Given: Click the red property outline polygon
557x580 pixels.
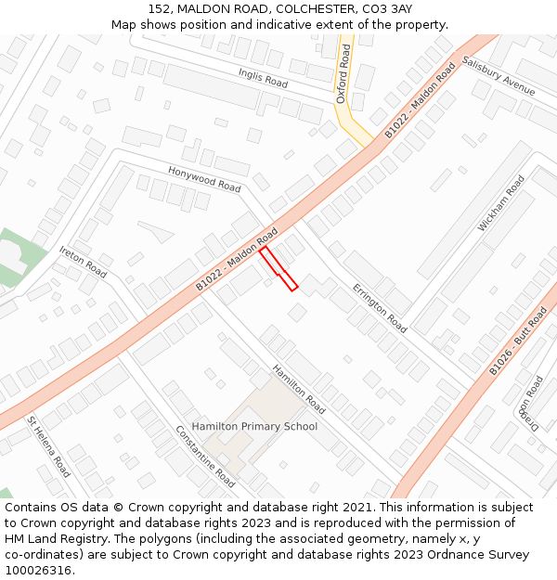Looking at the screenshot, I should tap(278, 269).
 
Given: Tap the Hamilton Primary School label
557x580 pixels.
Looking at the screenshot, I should tap(254, 426).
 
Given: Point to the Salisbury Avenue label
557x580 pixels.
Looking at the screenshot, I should tap(499, 77).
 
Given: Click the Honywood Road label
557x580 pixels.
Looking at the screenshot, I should tap(204, 179).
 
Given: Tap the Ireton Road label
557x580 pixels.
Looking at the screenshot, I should tap(83, 263).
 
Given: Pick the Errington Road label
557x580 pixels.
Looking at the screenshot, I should tap(380, 308).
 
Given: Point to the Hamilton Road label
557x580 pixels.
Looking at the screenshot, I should tap(299, 389).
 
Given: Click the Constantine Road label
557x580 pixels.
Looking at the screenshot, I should tap(205, 456).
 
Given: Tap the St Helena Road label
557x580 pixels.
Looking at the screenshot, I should tap(48, 446).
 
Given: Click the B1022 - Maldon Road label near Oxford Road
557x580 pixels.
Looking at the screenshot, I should tap(421, 100).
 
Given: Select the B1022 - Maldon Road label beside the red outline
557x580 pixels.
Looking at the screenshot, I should tap(237, 259).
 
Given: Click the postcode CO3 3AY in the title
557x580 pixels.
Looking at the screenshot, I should tap(387, 8).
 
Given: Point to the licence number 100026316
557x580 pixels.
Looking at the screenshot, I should tap(39, 570).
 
